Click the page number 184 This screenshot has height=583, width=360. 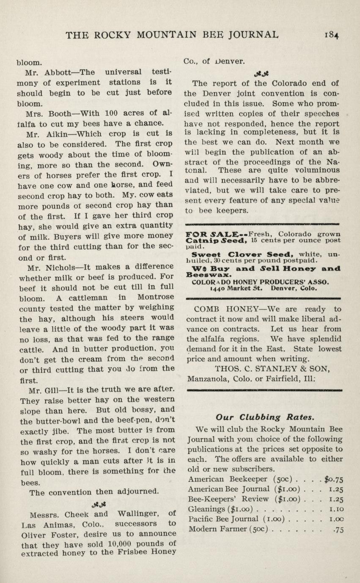[332, 35]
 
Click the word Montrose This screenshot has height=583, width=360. [155, 297]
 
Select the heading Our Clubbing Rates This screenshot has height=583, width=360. [264, 417]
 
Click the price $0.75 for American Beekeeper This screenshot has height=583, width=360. [333, 479]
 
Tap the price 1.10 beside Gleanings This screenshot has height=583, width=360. [335, 509]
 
